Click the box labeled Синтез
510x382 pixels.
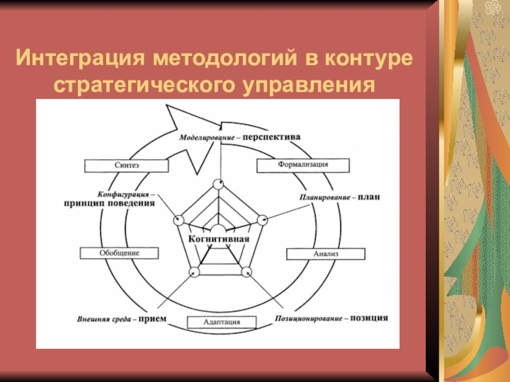pyautogui.click(x=126, y=165)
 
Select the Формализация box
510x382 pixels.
pyautogui.click(x=303, y=164)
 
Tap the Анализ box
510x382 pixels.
pyautogui.click(x=325, y=253)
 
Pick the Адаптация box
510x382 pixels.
pyautogui.click(x=222, y=322)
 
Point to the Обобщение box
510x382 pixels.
pyautogui.click(x=119, y=253)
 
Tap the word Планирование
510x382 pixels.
pyautogui.click(x=326, y=197)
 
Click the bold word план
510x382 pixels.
pyautogui.click(x=369, y=197)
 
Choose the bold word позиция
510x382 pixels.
pyautogui.click(x=369, y=317)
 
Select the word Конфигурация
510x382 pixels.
pyautogui.click(x=123, y=194)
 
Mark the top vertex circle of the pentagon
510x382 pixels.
pyautogui.click(x=218, y=184)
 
